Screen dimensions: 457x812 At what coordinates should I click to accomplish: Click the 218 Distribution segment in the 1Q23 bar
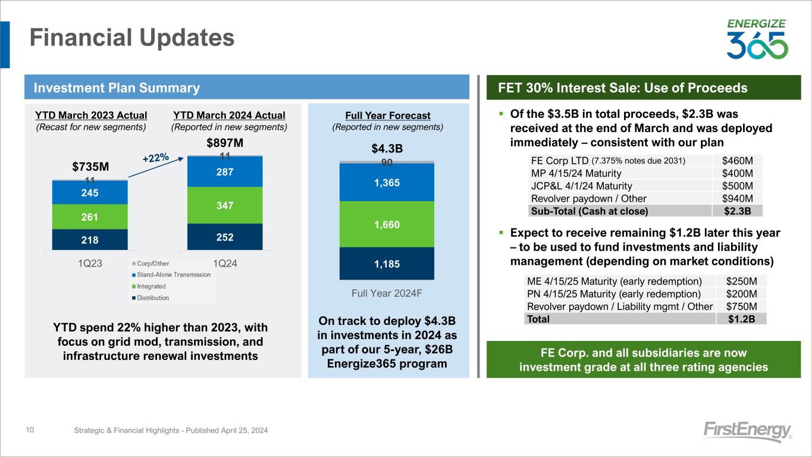90,240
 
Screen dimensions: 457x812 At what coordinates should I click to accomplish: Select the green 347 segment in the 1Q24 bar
225,205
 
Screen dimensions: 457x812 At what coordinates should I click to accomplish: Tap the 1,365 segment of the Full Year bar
387,183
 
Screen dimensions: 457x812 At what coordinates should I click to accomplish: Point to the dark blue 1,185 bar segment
387,263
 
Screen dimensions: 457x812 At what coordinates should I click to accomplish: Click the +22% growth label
156,158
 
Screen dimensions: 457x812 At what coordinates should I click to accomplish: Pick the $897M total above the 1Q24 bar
225,143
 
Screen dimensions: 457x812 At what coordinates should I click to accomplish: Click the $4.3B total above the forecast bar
387,148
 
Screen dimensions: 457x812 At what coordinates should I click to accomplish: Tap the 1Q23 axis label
90,264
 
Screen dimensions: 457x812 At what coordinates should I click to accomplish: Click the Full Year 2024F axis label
387,293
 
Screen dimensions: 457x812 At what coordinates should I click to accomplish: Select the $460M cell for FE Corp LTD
737,160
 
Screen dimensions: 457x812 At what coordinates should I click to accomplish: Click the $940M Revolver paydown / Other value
737,198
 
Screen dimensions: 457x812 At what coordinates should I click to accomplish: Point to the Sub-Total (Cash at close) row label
588,210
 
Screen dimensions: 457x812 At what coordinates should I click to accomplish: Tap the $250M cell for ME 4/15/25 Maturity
741,281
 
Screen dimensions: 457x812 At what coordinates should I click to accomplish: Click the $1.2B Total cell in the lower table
741,319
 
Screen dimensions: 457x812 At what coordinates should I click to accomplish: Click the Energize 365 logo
757,40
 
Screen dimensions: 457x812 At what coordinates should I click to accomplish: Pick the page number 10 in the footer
30,430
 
